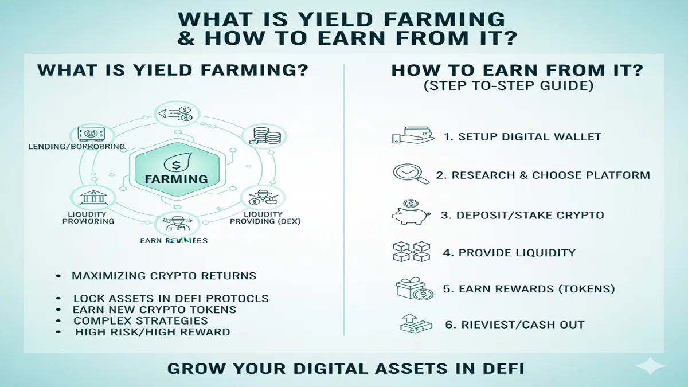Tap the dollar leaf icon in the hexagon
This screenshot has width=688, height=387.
click(177, 164)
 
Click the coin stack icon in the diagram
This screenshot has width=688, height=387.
click(264, 136)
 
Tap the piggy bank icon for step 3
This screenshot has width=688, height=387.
click(411, 213)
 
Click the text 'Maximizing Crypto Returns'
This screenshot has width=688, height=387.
click(164, 276)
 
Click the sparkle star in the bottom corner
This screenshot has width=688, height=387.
click(650, 366)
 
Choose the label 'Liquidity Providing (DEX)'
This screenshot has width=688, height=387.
click(264, 217)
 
